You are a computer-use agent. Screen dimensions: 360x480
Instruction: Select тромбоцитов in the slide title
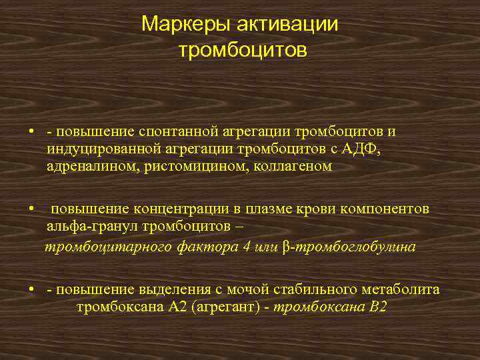[x=243, y=51]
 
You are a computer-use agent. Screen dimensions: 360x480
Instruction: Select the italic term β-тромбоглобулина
[x=349, y=247]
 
